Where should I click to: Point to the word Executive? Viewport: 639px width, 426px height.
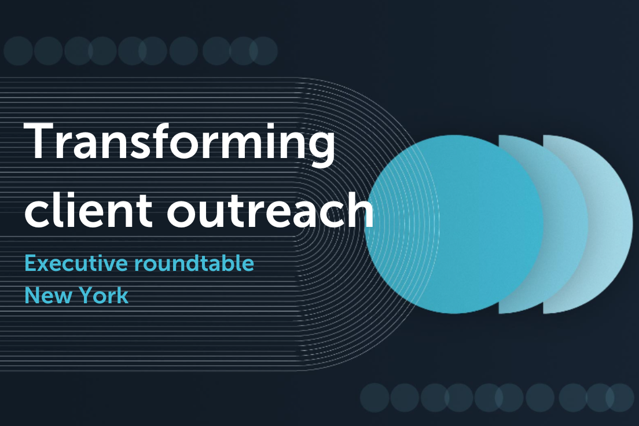[76, 263]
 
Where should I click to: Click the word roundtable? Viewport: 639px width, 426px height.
[194, 263]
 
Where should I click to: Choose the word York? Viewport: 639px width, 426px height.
[103, 295]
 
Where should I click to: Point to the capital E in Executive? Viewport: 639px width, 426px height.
[31, 263]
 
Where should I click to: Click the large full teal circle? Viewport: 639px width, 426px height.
[454, 224]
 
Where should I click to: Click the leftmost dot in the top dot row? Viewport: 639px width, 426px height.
[18, 51]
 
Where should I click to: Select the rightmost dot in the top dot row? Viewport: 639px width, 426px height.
[263, 51]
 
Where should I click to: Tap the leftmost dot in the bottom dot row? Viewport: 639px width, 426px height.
[374, 398]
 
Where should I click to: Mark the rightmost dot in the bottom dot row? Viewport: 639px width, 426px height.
[620, 398]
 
